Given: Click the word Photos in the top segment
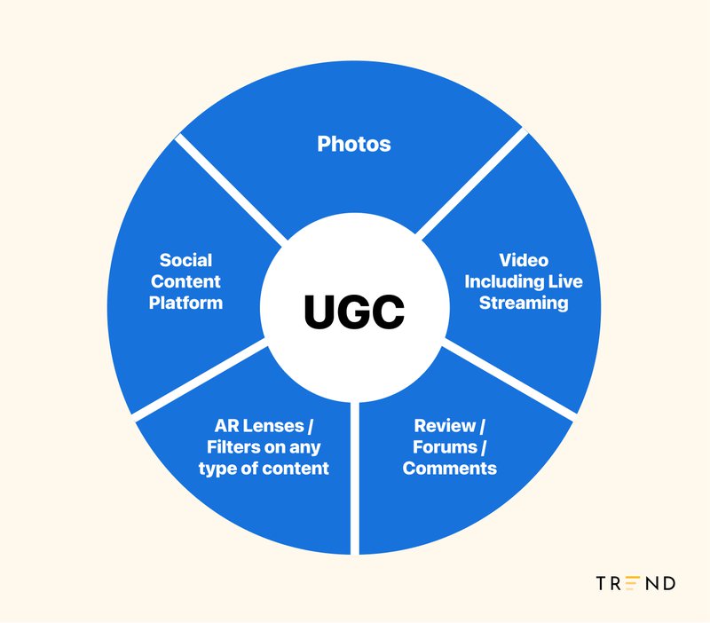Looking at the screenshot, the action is coord(353,145).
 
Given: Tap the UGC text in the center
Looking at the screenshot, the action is coord(354,312).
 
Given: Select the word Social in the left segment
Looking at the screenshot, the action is coord(185,260).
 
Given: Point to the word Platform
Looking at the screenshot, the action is coord(185,303).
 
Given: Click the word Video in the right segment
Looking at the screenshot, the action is coord(524,260).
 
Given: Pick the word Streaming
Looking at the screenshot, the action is coord(524,303).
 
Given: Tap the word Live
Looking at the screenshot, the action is coord(565,281).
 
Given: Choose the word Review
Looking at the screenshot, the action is coord(445,426).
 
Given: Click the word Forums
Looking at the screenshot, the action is coord(446,447).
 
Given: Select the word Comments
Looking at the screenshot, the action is coord(450,469).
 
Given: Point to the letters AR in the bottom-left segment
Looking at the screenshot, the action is coord(225,426).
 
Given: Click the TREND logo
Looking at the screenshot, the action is coord(635,583).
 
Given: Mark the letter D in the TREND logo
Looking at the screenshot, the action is coord(669,583).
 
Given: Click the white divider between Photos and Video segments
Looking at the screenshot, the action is coord(472,183).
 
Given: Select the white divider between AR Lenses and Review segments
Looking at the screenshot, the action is coord(355,478).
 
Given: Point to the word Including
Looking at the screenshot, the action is coord(504,282).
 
